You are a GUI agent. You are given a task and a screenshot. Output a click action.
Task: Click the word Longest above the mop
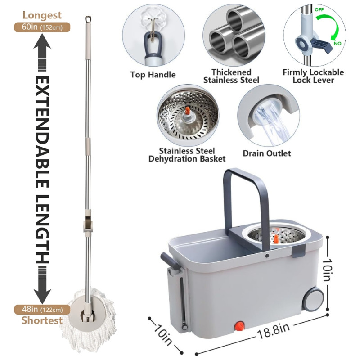(42, 15)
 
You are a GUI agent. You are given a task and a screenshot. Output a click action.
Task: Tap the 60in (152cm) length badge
(42, 27)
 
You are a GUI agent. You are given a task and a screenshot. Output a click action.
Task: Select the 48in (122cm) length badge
(42, 310)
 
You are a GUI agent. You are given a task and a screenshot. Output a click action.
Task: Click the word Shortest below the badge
(42, 320)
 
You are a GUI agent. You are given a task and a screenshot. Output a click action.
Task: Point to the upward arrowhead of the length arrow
(42, 41)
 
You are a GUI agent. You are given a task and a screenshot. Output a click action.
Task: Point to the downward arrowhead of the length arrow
(42, 296)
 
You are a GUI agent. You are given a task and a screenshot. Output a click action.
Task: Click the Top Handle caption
(153, 75)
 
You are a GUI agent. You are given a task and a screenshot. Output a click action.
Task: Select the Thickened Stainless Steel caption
(231, 76)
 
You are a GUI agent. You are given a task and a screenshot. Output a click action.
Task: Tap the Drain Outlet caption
(267, 153)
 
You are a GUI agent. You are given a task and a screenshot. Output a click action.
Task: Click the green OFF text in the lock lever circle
(319, 9)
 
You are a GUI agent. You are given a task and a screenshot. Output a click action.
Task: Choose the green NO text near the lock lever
(337, 43)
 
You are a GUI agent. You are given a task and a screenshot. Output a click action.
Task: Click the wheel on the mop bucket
(313, 299)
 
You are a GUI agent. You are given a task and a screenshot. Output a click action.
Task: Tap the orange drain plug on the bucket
(240, 326)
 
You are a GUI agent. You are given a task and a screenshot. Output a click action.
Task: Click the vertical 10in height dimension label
(328, 270)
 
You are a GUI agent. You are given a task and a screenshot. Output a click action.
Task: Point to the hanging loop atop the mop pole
(88, 19)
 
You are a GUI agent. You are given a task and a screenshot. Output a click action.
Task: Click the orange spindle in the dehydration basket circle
(188, 111)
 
